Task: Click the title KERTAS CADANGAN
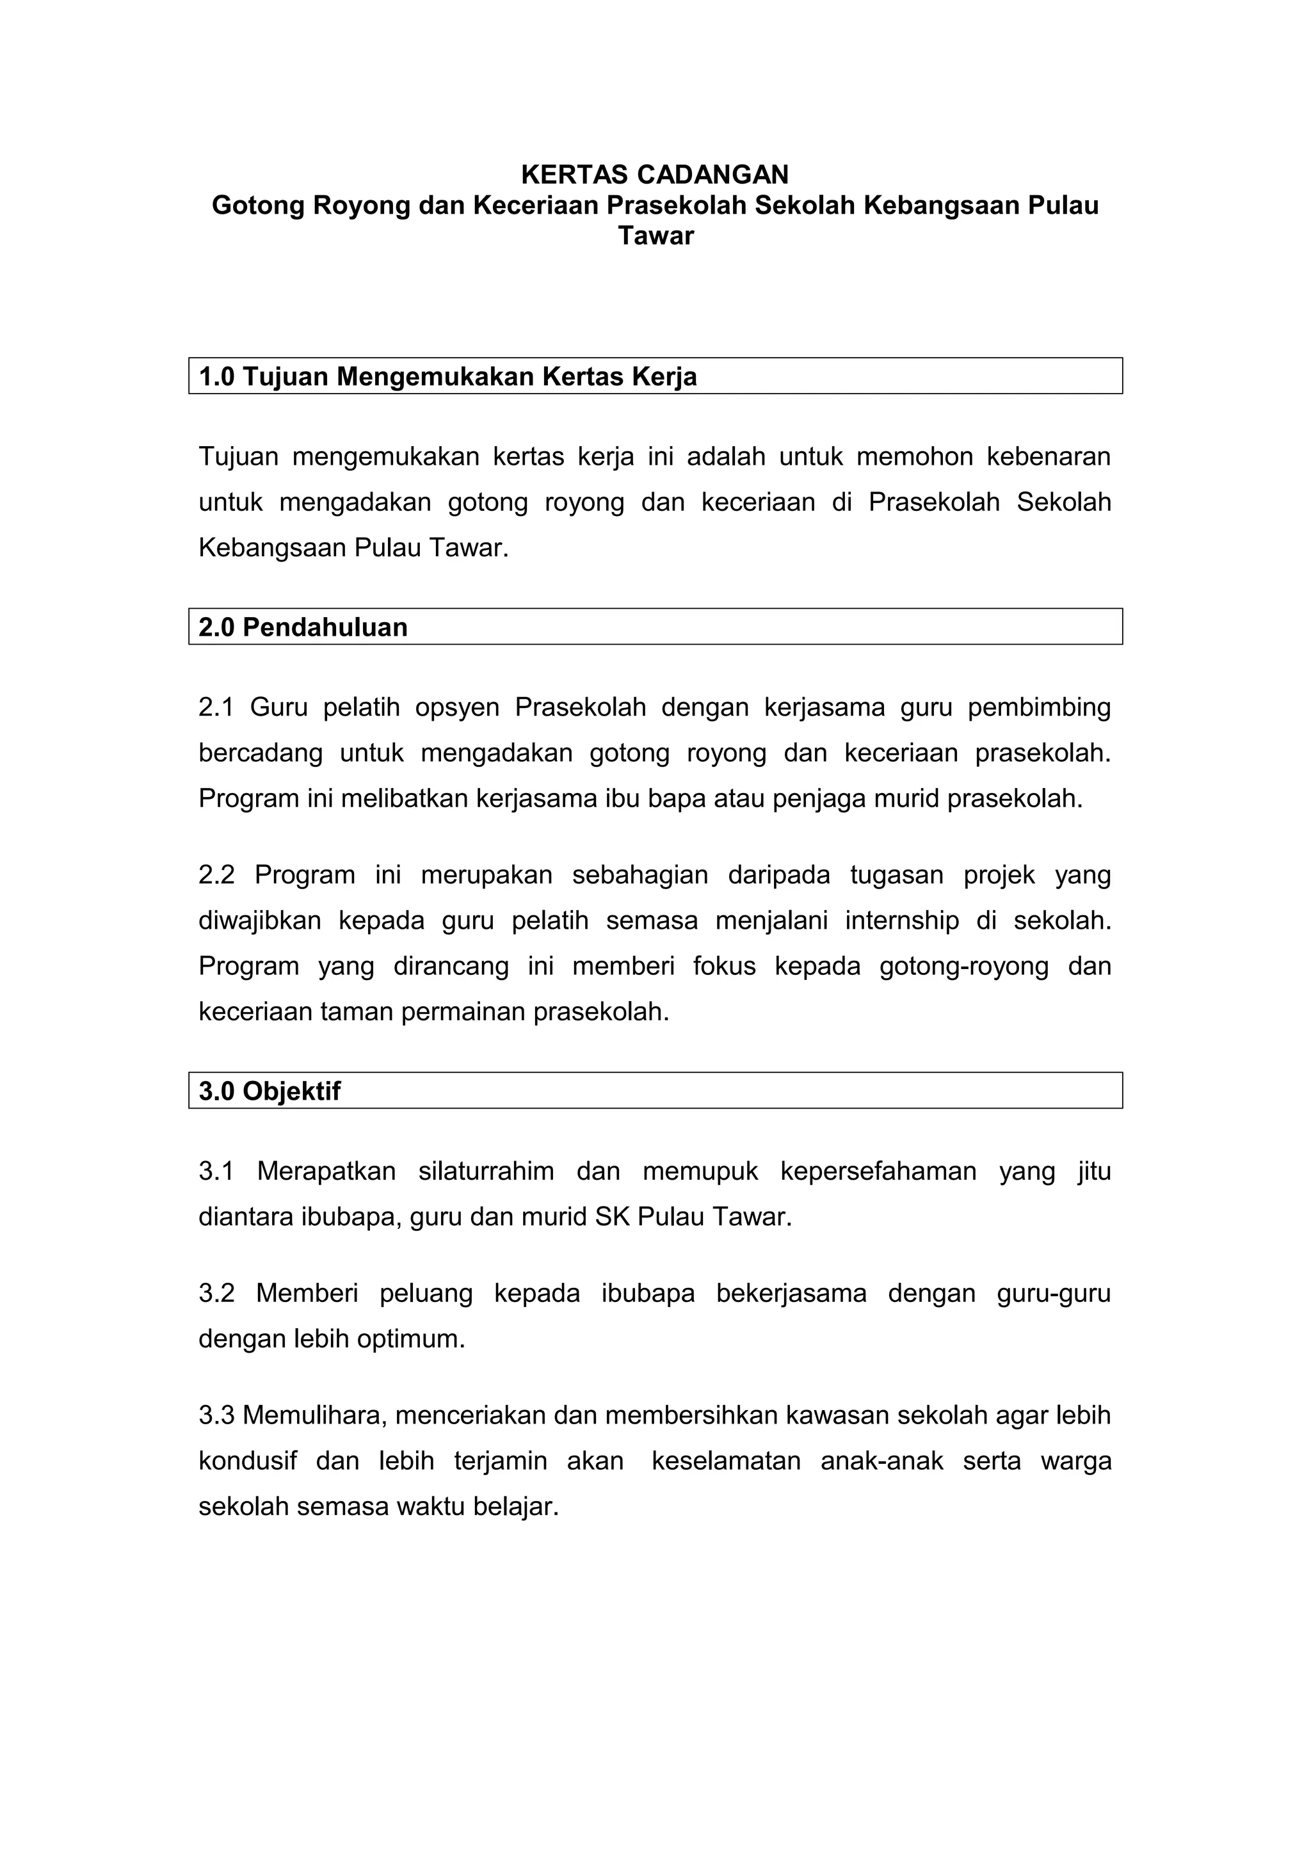pos(654,175)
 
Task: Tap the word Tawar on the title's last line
pos(655,236)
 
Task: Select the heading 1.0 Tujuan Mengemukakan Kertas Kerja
pos(447,376)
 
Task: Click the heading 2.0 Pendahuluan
pos(303,627)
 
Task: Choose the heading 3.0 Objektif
pos(269,1091)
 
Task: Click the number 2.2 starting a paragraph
pos(216,874)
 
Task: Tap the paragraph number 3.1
pos(216,1171)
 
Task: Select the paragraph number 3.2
pos(216,1293)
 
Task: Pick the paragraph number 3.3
pos(216,1415)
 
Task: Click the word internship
pos(901,920)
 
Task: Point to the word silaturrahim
pos(485,1171)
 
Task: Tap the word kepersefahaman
pos(878,1171)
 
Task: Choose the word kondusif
pos(247,1461)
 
